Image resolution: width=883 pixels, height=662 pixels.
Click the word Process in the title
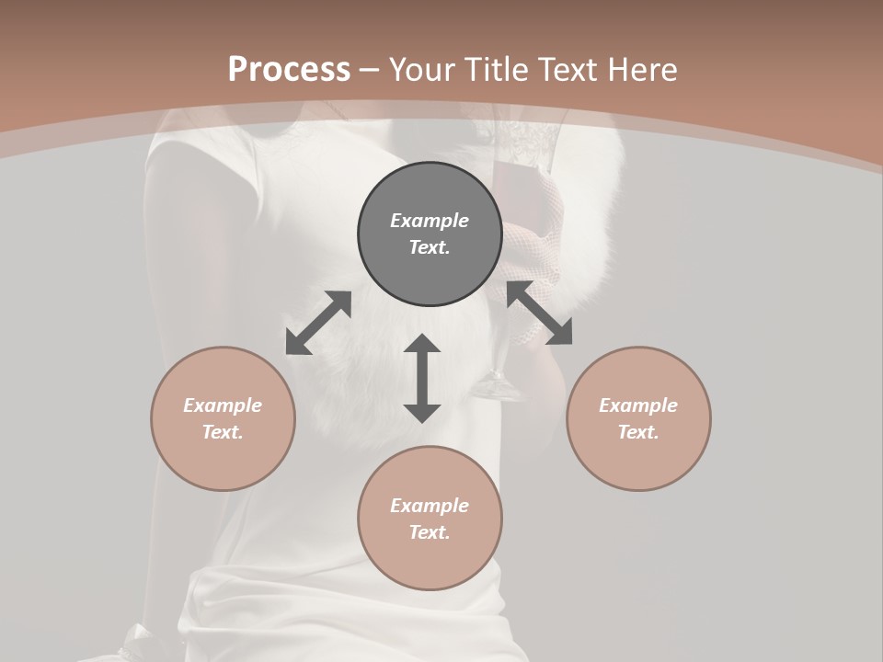(x=289, y=70)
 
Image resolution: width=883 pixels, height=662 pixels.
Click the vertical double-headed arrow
(x=422, y=378)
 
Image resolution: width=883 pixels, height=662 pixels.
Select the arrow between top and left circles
(x=318, y=323)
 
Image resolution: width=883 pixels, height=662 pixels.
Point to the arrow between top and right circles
(x=540, y=313)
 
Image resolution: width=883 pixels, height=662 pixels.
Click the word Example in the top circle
(x=430, y=221)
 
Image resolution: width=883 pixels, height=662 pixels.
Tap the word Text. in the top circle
(x=430, y=247)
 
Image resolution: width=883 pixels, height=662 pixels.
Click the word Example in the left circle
(x=223, y=405)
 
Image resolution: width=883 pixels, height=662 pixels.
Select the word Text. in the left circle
(x=223, y=432)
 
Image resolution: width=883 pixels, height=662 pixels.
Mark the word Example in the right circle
(x=638, y=405)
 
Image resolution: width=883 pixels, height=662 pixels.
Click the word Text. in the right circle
(x=638, y=432)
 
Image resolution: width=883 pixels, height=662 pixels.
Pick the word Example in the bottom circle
(x=430, y=506)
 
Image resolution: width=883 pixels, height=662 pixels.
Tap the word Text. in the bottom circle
(x=430, y=532)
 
